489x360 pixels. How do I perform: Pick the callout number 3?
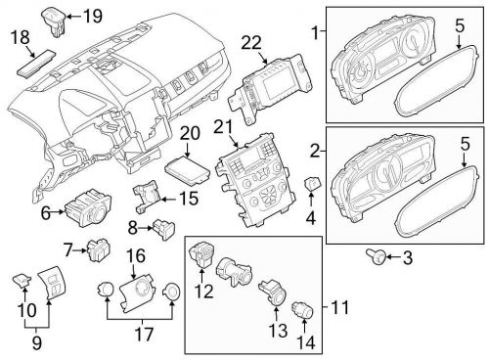point(409,257)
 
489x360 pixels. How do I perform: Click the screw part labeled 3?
point(375,256)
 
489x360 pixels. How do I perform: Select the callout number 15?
point(188,199)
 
